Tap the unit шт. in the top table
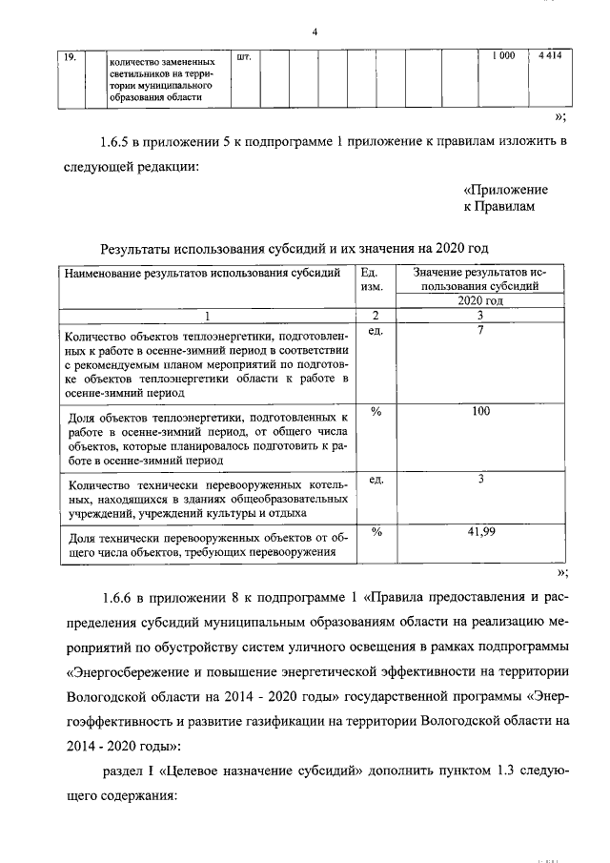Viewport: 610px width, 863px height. click(x=242, y=57)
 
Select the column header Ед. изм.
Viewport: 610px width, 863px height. click(x=373, y=278)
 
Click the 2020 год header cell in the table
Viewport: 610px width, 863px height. click(x=480, y=299)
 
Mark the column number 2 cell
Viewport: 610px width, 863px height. click(x=375, y=315)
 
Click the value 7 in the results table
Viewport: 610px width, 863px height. click(x=481, y=330)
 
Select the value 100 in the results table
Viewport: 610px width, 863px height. click(x=480, y=411)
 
